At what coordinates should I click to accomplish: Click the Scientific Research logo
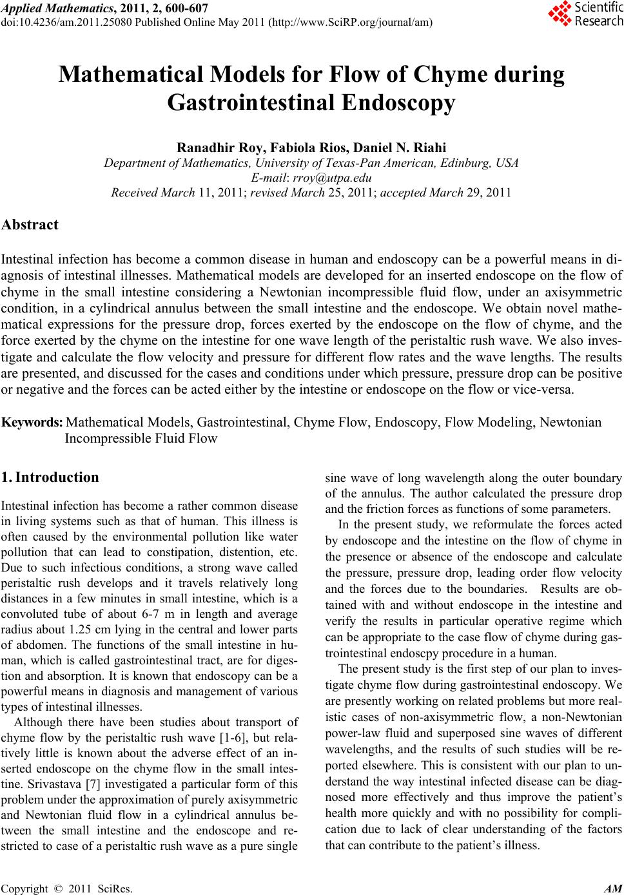point(585,14)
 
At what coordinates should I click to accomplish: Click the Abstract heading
point(30,225)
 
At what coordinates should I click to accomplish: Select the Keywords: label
point(32,423)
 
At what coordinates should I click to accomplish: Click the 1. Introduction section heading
point(50,477)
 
